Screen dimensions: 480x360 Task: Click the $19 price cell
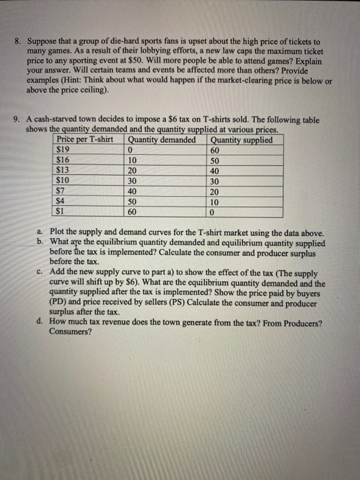(x=62, y=149)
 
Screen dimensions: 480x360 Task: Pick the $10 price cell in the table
(x=62, y=180)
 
